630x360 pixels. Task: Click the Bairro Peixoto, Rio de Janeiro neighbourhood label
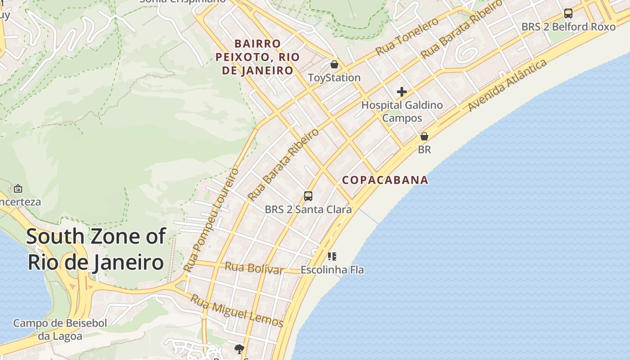[x=257, y=57]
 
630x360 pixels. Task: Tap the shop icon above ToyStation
[x=334, y=64]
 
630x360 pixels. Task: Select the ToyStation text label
[x=334, y=78]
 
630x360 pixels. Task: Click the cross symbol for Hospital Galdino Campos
[x=402, y=92]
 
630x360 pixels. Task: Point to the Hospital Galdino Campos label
[x=402, y=112]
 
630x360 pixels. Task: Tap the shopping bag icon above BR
[x=424, y=136]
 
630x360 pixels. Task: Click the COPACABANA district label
[x=385, y=180]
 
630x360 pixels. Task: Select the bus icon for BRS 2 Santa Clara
[x=308, y=196]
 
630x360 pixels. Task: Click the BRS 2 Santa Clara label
[x=308, y=210]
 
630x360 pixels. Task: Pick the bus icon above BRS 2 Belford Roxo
[x=568, y=13]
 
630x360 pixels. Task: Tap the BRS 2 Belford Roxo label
[x=568, y=27]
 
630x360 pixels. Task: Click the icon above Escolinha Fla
[x=332, y=256]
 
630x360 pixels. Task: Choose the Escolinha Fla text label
[x=332, y=270]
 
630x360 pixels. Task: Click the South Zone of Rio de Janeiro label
[x=96, y=249]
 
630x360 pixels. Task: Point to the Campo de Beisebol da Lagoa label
[x=60, y=329]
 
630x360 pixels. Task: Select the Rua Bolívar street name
[x=254, y=268]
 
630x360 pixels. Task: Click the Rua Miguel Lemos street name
[x=236, y=311]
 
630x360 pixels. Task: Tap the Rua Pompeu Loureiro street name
[x=211, y=220]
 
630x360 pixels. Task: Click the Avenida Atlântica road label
[x=508, y=85]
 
